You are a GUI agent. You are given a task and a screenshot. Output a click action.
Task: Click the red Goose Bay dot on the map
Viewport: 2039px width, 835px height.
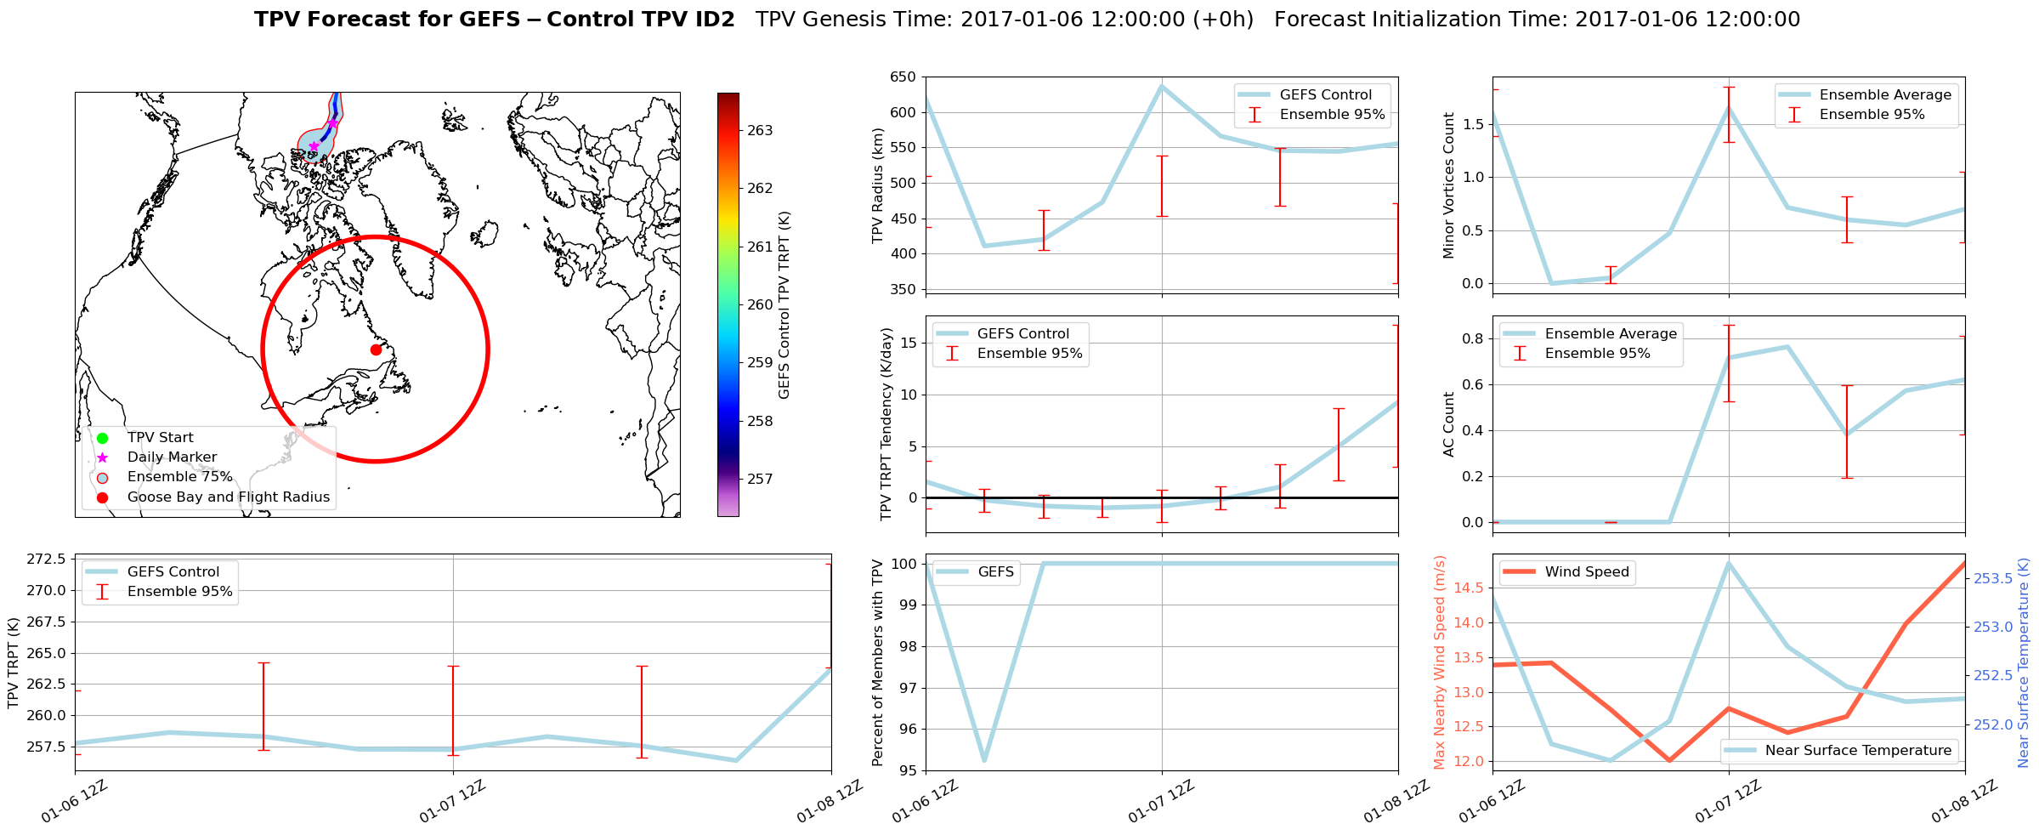click(x=376, y=349)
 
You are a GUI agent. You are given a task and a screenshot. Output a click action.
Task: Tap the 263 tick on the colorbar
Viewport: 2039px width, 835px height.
click(x=760, y=131)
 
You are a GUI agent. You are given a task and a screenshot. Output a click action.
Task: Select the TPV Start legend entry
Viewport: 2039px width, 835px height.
click(x=160, y=438)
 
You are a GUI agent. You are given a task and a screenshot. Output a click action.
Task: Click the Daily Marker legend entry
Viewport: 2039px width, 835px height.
click(x=172, y=457)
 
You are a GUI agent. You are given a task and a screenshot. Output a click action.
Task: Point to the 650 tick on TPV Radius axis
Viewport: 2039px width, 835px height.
click(x=903, y=77)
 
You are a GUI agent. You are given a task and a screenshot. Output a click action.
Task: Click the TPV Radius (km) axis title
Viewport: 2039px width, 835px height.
click(x=879, y=185)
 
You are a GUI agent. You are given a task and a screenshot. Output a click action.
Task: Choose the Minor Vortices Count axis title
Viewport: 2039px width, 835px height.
click(x=1449, y=185)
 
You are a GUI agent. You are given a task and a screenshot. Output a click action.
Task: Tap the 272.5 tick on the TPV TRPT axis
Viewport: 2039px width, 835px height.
click(x=48, y=560)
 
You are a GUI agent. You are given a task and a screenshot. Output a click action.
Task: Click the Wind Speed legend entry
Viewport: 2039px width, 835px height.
click(x=1586, y=572)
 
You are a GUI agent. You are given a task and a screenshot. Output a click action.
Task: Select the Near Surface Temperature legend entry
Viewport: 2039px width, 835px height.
click(x=1857, y=751)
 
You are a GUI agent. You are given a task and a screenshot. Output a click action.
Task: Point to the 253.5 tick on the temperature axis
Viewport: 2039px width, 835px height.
click(x=1992, y=579)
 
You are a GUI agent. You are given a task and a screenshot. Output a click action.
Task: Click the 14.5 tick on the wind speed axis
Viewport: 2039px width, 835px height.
click(x=1469, y=588)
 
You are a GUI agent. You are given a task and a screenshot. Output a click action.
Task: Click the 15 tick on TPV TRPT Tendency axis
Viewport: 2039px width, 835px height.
click(x=908, y=344)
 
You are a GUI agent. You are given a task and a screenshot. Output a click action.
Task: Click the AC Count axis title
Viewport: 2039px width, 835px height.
click(x=1449, y=424)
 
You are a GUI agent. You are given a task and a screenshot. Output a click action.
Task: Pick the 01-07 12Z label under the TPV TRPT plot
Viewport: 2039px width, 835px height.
click(x=452, y=801)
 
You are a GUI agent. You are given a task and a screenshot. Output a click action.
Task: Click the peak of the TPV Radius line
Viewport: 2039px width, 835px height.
click(x=1162, y=86)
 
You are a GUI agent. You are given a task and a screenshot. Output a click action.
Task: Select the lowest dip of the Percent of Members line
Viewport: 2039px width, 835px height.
click(x=984, y=760)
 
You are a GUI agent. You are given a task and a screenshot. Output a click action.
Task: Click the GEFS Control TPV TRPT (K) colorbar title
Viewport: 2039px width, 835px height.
click(x=784, y=304)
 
